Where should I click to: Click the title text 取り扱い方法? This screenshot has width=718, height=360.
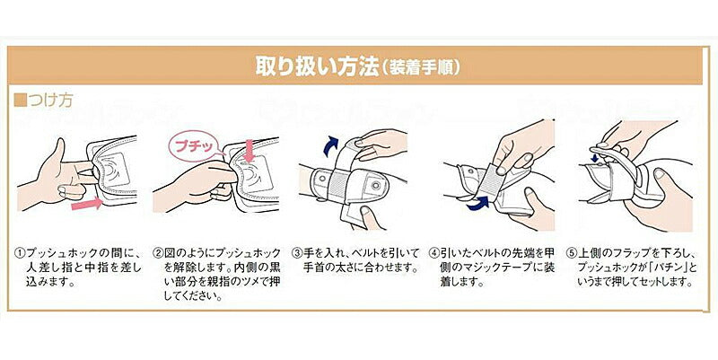point(318,66)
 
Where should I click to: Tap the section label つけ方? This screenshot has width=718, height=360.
point(50,100)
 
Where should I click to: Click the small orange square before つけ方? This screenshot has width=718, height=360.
point(20,100)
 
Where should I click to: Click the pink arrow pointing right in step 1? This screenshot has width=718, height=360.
point(87,203)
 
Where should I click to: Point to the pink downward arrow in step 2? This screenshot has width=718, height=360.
point(249,151)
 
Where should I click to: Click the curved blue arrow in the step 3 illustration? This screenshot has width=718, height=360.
point(330,145)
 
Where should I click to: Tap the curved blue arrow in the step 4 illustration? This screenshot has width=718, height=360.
point(477,203)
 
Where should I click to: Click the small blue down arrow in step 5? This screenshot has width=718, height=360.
point(596,158)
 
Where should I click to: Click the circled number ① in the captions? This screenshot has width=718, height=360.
point(20,253)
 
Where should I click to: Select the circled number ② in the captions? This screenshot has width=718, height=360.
point(158,253)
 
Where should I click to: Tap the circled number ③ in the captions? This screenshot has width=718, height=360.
point(296,253)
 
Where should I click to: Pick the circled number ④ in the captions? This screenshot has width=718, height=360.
point(433,253)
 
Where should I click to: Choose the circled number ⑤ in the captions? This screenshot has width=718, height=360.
point(571,253)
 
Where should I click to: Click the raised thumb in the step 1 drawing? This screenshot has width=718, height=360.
point(57,154)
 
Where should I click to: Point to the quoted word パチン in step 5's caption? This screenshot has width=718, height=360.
point(668,267)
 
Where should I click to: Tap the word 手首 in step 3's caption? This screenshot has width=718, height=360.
point(312,267)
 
